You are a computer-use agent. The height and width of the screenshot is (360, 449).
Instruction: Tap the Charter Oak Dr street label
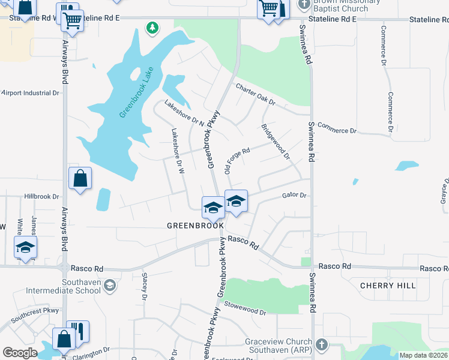coord(255,94)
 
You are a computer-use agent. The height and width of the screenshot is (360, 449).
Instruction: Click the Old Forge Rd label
coord(237,161)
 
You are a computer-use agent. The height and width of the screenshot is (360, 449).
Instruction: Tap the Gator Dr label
coord(294,196)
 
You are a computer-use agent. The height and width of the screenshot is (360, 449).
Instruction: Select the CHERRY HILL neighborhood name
coord(388,286)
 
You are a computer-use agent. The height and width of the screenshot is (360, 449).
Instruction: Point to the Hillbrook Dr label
coord(42,196)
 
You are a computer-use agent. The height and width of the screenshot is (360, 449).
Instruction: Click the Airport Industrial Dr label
coord(30,93)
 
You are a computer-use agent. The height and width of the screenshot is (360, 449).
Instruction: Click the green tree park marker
coord(152,27)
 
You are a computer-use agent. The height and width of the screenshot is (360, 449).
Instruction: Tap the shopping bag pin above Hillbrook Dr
coord(80,178)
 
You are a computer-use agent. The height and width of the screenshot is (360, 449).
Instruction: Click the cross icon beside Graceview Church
coord(322,344)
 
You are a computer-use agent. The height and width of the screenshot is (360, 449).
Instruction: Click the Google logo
coord(20,353)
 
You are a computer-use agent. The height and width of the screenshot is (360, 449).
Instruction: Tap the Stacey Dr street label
coord(145,286)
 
